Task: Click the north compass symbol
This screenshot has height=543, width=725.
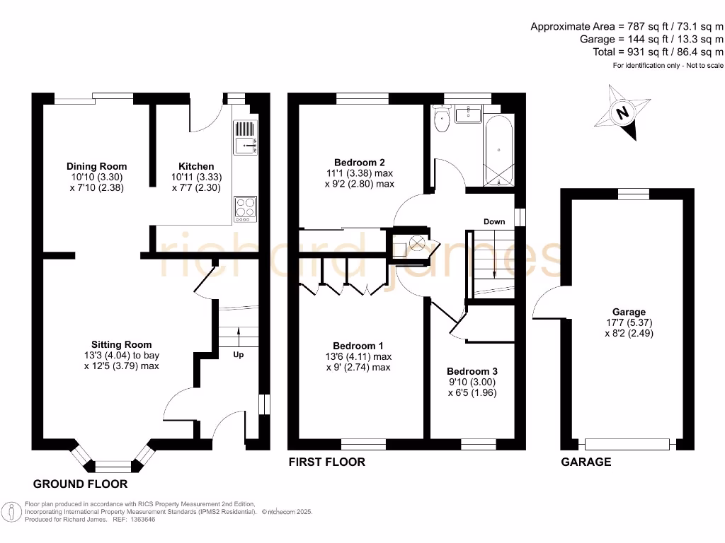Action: pyautogui.click(x=622, y=113)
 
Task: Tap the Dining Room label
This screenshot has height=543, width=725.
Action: pyautogui.click(x=97, y=167)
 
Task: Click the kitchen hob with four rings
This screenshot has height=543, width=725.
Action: pyautogui.click(x=245, y=208)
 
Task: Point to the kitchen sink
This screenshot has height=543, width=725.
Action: pyautogui.click(x=245, y=145)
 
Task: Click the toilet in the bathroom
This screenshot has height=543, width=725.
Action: pyautogui.click(x=443, y=119)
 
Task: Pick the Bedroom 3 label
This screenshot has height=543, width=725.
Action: pyautogui.click(x=472, y=371)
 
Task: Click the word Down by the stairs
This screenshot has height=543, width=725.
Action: pyautogui.click(x=494, y=221)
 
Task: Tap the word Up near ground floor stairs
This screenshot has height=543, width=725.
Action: pyautogui.click(x=239, y=355)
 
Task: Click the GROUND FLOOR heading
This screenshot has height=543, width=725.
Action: pyautogui.click(x=81, y=484)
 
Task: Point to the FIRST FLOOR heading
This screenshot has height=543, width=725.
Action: pyautogui.click(x=326, y=462)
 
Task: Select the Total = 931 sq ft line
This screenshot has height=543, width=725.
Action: pyautogui.click(x=658, y=52)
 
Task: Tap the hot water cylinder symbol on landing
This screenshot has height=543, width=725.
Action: pyautogui.click(x=417, y=244)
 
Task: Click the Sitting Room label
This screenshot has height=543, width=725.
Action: pyautogui.click(x=121, y=345)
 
